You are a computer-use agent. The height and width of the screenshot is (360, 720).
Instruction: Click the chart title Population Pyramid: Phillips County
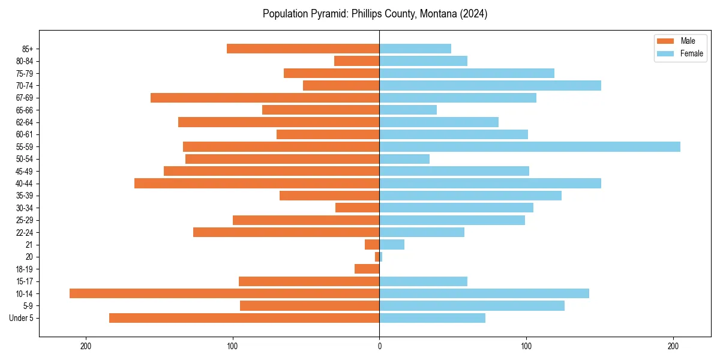(x=375, y=14)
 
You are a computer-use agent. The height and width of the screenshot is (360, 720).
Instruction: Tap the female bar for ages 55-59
(x=530, y=146)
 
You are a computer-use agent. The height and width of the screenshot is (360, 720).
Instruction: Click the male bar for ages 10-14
(x=224, y=293)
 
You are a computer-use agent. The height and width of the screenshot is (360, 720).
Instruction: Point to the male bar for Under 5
(x=244, y=318)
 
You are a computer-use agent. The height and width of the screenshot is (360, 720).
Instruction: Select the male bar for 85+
(x=303, y=49)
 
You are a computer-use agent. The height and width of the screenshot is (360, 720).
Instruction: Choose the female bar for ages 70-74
(x=490, y=85)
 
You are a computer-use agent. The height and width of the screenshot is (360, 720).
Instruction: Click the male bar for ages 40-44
(x=257, y=183)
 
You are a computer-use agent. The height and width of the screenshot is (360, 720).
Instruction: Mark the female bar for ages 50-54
(x=404, y=159)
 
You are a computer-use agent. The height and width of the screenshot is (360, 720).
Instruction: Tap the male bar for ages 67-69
(x=265, y=98)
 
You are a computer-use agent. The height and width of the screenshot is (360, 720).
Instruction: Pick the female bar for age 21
(x=392, y=244)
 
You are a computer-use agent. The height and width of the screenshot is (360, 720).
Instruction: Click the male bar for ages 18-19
(x=367, y=269)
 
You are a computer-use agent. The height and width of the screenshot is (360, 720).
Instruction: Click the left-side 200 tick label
(x=85, y=347)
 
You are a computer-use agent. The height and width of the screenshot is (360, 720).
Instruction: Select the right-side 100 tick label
(x=526, y=347)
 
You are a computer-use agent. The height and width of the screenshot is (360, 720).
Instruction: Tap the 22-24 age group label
(x=25, y=232)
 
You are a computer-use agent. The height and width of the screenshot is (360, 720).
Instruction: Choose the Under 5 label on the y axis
(x=22, y=318)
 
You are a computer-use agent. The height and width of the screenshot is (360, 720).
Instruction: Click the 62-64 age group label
(x=25, y=122)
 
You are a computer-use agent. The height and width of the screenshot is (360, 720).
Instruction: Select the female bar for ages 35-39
(x=470, y=196)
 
